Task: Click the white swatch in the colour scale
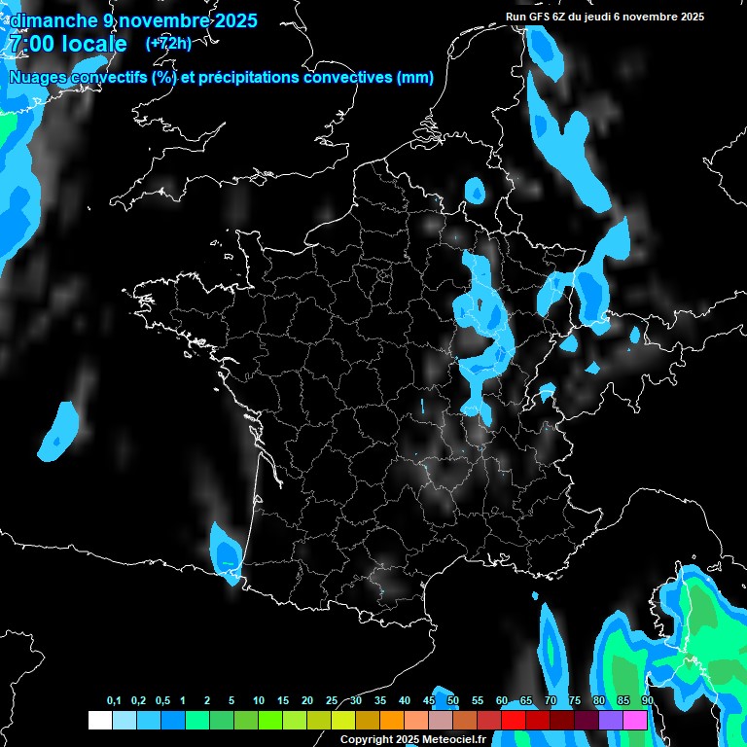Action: point(99,720)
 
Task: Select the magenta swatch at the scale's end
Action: point(635,720)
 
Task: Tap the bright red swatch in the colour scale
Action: point(513,720)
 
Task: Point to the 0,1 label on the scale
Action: point(114,701)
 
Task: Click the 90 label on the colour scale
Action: point(647,701)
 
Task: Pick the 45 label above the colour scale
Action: point(429,701)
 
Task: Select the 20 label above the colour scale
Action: point(307,701)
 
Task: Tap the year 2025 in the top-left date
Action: point(231,20)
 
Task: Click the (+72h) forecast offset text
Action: point(167,44)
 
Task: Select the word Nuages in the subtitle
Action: point(38,78)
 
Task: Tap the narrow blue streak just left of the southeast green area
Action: point(553,650)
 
